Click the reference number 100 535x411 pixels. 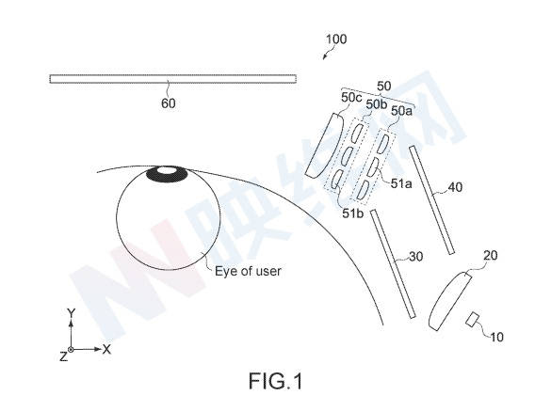click(336, 39)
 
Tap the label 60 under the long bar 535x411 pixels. click(169, 103)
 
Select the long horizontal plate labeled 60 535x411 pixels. click(173, 79)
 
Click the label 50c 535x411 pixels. click(351, 98)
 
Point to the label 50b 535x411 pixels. click(377, 104)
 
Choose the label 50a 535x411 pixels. click(401, 111)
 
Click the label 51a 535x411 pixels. click(401, 183)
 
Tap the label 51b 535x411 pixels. click(353, 213)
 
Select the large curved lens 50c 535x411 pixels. click(323, 146)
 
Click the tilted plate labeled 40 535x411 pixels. click(432, 200)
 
